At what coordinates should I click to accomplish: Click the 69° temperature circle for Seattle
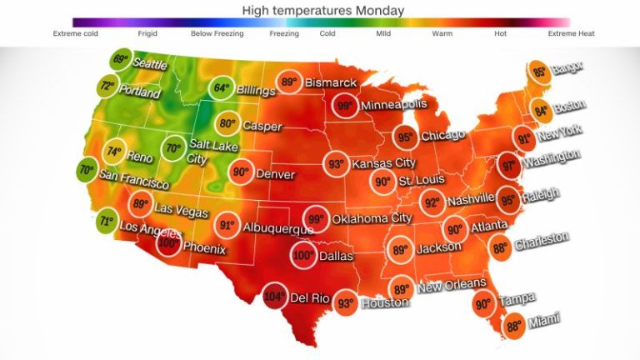tap(122, 60)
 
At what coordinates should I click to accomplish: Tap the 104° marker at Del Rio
tap(273, 295)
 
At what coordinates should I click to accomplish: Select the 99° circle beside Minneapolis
tap(343, 107)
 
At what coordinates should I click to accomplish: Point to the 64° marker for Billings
tap(222, 88)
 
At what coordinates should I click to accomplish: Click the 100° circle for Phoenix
tap(169, 244)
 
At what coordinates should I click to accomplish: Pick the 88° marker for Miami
tap(513, 326)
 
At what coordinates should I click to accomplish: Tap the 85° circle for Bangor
tap(540, 72)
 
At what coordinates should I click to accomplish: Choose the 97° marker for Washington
tap(509, 166)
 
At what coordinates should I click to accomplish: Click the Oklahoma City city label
tap(373, 219)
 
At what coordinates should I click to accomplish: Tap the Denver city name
tap(275, 175)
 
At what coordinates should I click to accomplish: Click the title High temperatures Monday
tap(322, 10)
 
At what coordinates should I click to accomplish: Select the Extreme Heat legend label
tap(571, 34)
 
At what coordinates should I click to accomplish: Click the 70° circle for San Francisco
tap(86, 170)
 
